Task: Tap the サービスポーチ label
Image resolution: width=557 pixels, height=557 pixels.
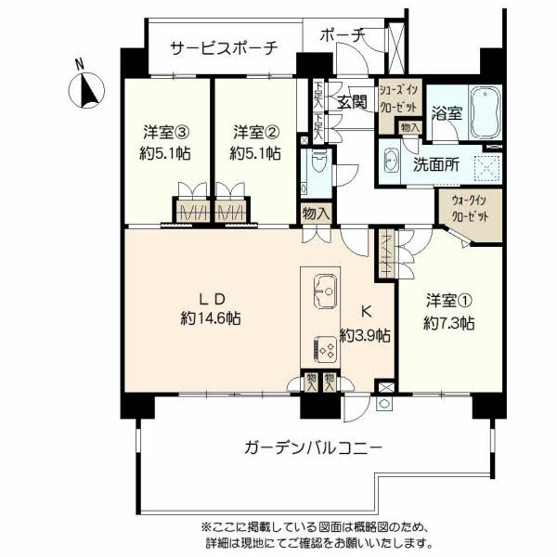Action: tap(223, 48)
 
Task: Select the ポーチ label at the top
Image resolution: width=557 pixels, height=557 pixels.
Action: tap(342, 34)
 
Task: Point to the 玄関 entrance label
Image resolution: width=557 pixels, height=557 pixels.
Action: tap(352, 102)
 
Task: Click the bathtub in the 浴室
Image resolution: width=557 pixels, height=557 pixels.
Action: tap(486, 112)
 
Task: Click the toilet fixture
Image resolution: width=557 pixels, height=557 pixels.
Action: tap(317, 167)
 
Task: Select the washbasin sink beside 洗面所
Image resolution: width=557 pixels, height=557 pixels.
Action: tap(389, 161)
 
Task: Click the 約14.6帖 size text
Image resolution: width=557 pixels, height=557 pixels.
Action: tap(211, 318)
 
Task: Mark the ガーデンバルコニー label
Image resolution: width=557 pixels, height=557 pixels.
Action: tap(313, 447)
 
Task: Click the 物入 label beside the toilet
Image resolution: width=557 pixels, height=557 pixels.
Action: tap(316, 214)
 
